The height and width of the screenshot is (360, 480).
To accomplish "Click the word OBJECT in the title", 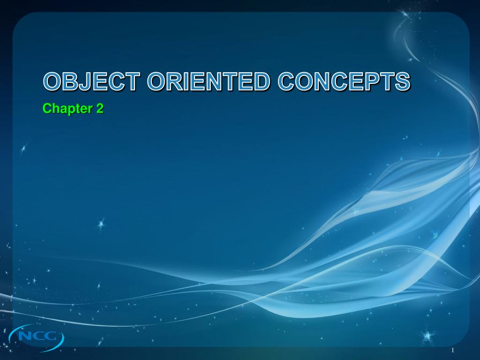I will pyautogui.click(x=92, y=82).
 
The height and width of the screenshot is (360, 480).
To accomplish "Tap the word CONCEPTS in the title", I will pyautogui.click(x=344, y=82).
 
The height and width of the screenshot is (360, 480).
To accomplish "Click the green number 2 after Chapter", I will pyautogui.click(x=99, y=109).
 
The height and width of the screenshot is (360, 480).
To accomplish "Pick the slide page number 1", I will pyautogui.click(x=453, y=351).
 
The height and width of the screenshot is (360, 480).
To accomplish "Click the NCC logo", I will pyautogui.click(x=37, y=336).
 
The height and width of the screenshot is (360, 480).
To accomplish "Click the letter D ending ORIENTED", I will pyautogui.click(x=262, y=82).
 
